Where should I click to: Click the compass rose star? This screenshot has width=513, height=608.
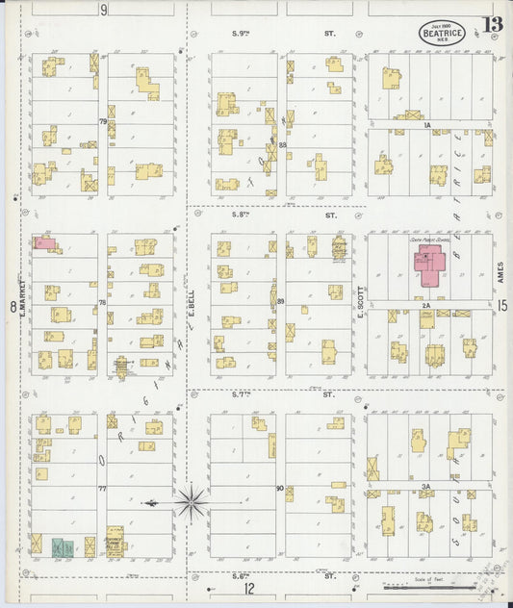192,500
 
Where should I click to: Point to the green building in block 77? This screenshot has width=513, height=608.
63,547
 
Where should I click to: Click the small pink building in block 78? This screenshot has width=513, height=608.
44,243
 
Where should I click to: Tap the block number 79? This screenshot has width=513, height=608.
102,121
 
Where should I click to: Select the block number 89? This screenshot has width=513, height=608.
280,303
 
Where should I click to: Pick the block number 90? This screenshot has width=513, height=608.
279,488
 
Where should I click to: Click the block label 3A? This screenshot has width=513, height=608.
423,487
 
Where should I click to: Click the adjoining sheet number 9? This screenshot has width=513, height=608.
103,10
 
